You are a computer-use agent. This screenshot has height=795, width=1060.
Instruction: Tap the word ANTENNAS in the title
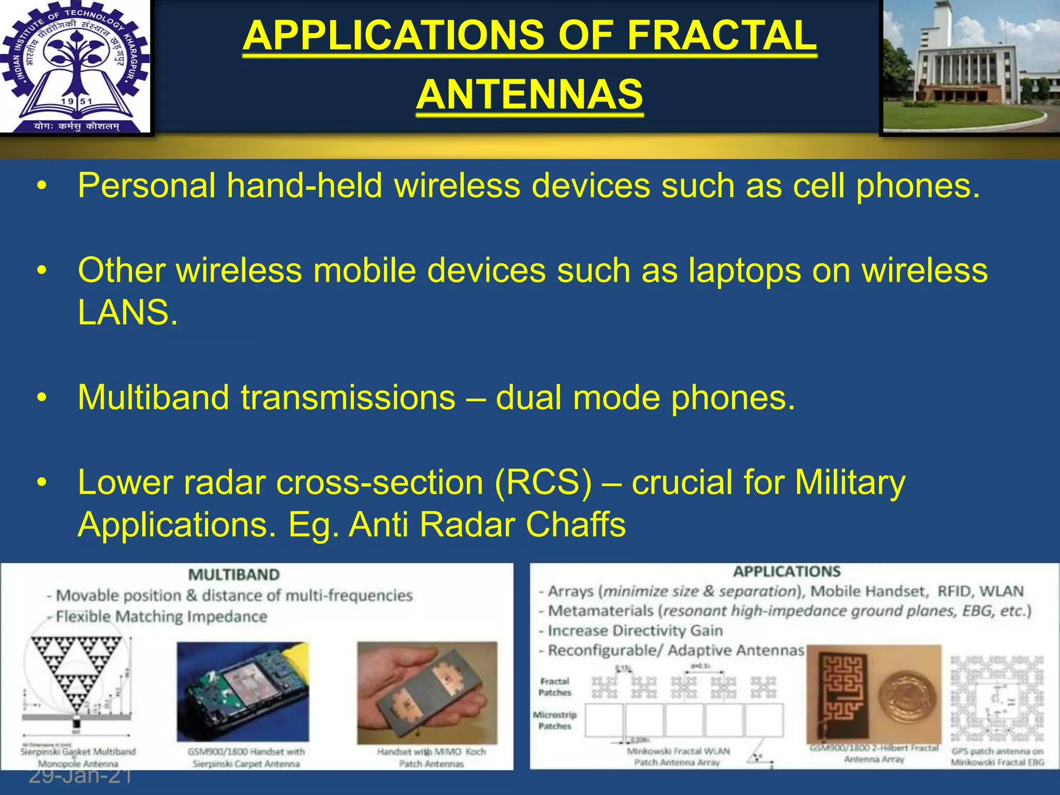click(x=529, y=95)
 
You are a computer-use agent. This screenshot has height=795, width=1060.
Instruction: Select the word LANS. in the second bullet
click(x=127, y=313)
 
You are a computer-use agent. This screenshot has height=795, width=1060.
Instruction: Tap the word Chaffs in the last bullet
click(x=576, y=525)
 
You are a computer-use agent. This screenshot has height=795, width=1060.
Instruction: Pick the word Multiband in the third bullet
click(x=153, y=397)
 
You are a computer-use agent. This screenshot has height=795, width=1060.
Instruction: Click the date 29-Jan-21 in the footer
click(x=80, y=776)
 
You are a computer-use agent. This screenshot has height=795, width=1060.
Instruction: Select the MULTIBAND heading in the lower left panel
click(x=234, y=575)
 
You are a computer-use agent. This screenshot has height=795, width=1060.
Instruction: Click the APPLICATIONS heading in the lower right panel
click(x=787, y=571)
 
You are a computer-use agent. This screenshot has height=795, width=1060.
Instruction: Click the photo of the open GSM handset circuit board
click(x=243, y=691)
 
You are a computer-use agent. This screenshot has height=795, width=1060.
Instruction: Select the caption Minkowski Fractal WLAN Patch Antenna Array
click(x=678, y=757)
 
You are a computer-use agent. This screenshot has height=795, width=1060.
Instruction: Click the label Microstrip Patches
click(x=555, y=720)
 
